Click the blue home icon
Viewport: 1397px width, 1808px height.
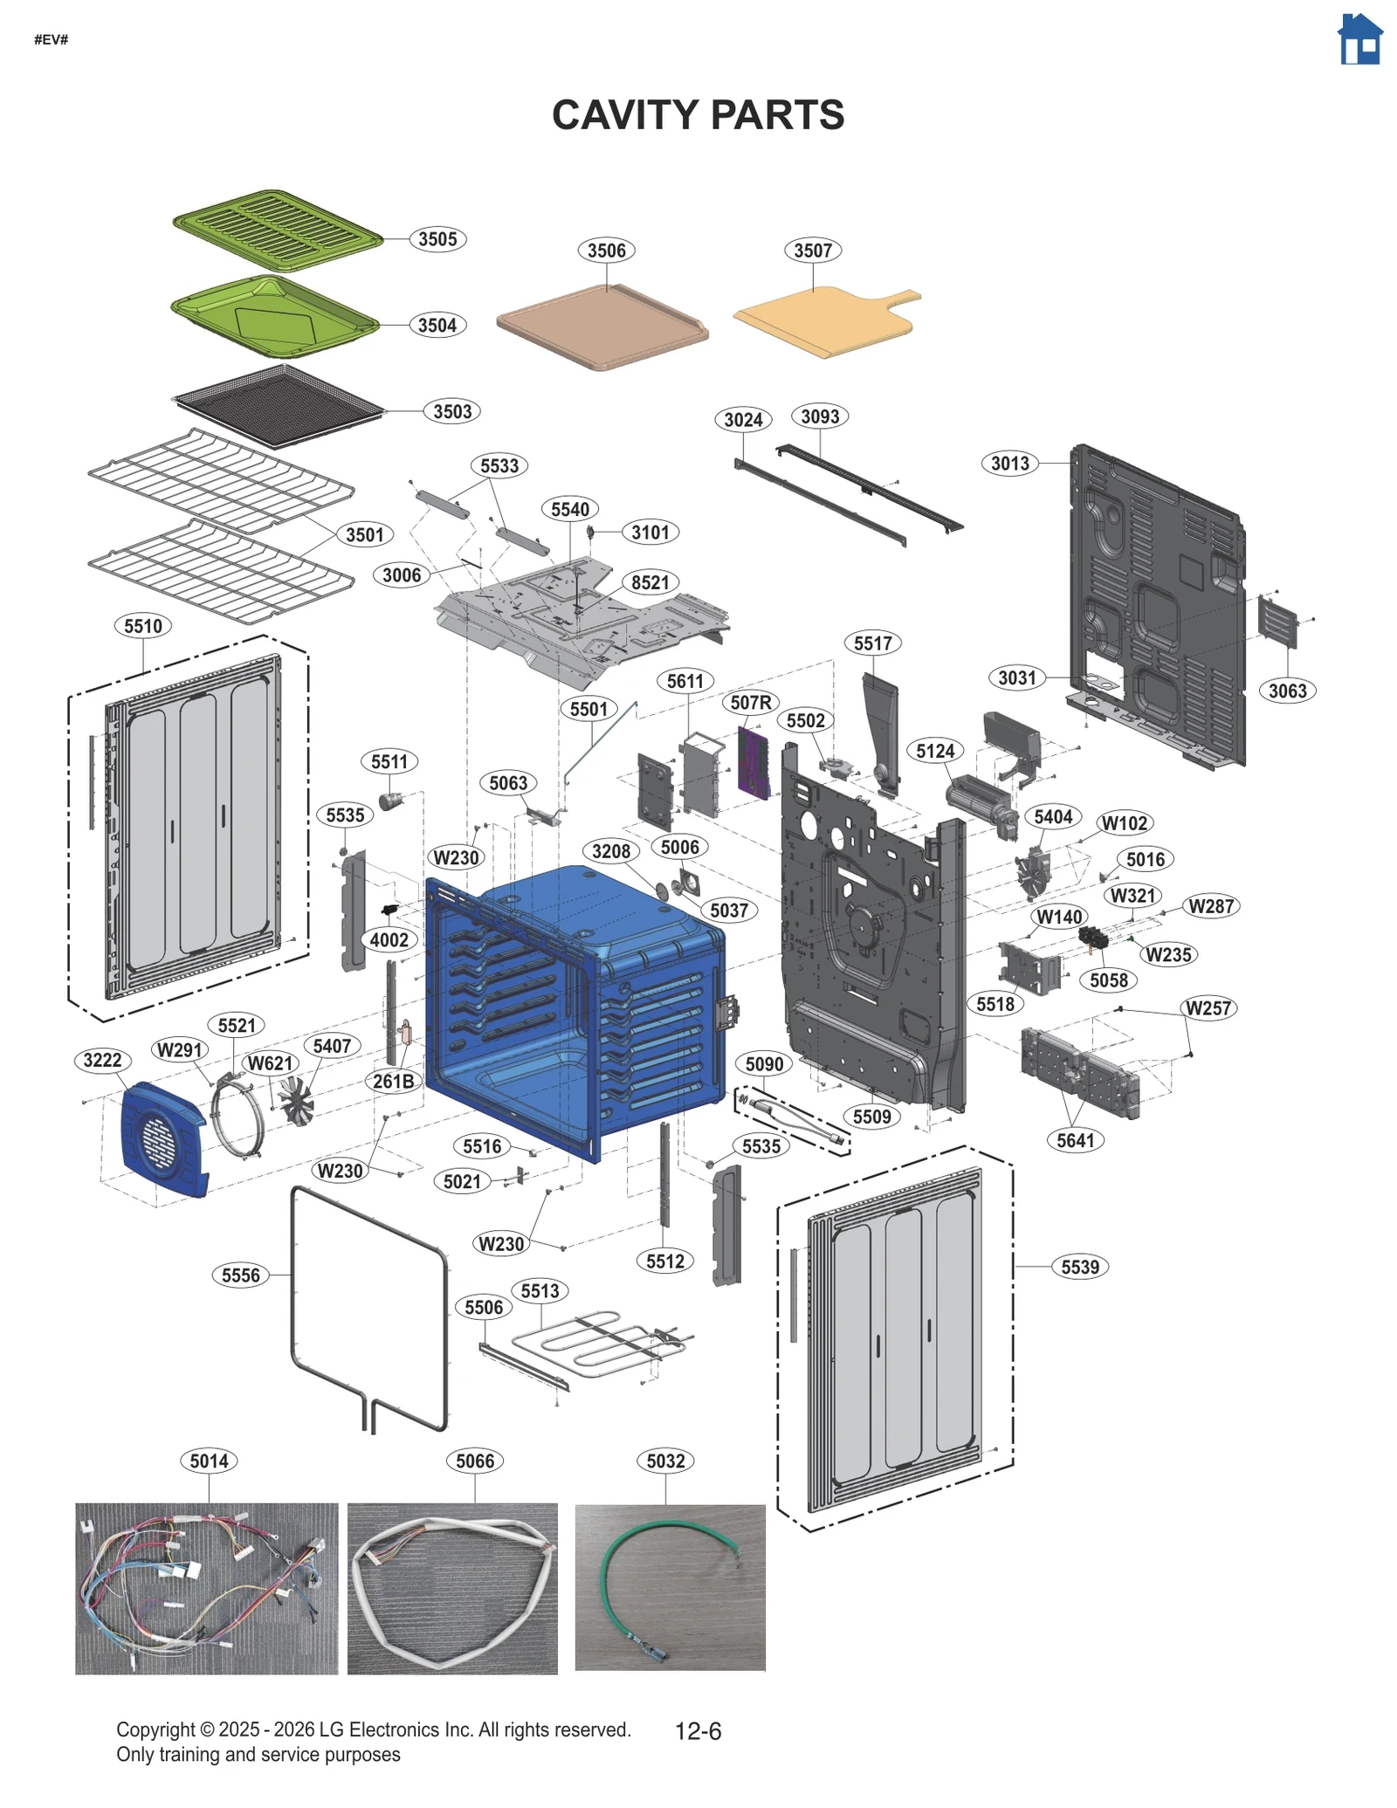[x=1359, y=39]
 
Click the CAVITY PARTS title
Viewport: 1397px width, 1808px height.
[x=698, y=115]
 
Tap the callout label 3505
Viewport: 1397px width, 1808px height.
[x=437, y=239]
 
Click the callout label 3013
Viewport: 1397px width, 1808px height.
[x=1009, y=464]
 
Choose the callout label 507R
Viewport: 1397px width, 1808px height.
[x=751, y=702]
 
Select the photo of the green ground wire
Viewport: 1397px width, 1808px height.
[x=670, y=1587]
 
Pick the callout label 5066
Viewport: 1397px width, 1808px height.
[x=475, y=1461]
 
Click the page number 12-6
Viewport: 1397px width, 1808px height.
[x=698, y=1731]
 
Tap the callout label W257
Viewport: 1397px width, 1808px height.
[x=1208, y=1008]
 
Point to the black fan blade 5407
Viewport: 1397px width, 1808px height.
[x=295, y=1100]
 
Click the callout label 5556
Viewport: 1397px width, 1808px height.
[x=240, y=1275]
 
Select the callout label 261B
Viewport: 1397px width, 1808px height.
[x=394, y=1081]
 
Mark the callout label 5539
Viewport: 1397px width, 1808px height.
[x=1080, y=1267]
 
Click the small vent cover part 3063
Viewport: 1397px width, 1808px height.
[x=1277, y=622]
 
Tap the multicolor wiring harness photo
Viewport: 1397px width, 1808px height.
[x=206, y=1587]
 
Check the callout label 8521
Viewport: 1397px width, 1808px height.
[x=650, y=582]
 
